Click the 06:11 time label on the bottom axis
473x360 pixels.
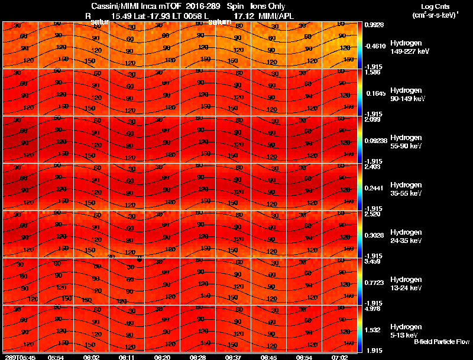(127, 357)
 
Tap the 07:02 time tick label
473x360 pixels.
(340, 357)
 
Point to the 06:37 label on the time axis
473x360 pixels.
(234, 357)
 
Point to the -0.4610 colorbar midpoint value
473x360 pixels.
(375, 45)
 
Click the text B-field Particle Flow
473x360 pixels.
(441, 342)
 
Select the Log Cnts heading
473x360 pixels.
(431, 7)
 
